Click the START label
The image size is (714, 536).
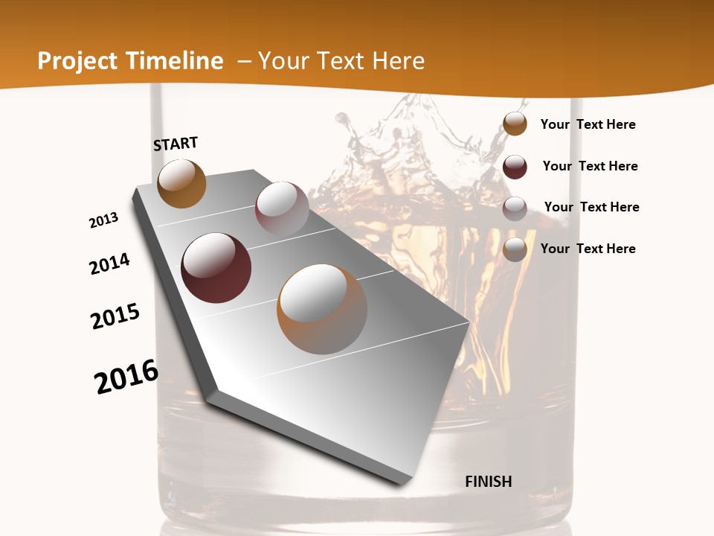pyautogui.click(x=176, y=144)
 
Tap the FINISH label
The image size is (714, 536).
pyautogui.click(x=489, y=482)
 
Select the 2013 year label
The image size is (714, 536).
pyautogui.click(x=104, y=220)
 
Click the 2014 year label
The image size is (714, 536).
pyautogui.click(x=110, y=264)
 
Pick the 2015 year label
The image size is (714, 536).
pyautogui.click(x=115, y=316)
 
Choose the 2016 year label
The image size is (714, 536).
pyautogui.click(x=126, y=377)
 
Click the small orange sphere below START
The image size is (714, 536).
pyautogui.click(x=181, y=183)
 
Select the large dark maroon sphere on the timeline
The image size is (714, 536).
pyautogui.click(x=216, y=268)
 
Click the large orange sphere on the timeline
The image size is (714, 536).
pyautogui.click(x=322, y=309)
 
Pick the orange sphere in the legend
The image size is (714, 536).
pyautogui.click(x=515, y=124)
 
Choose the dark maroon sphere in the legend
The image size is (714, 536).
pyautogui.click(x=515, y=167)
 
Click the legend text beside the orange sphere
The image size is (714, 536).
pyautogui.click(x=588, y=124)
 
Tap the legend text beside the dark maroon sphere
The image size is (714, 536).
pyautogui.click(x=590, y=166)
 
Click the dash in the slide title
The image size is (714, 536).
pyautogui.click(x=243, y=61)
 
